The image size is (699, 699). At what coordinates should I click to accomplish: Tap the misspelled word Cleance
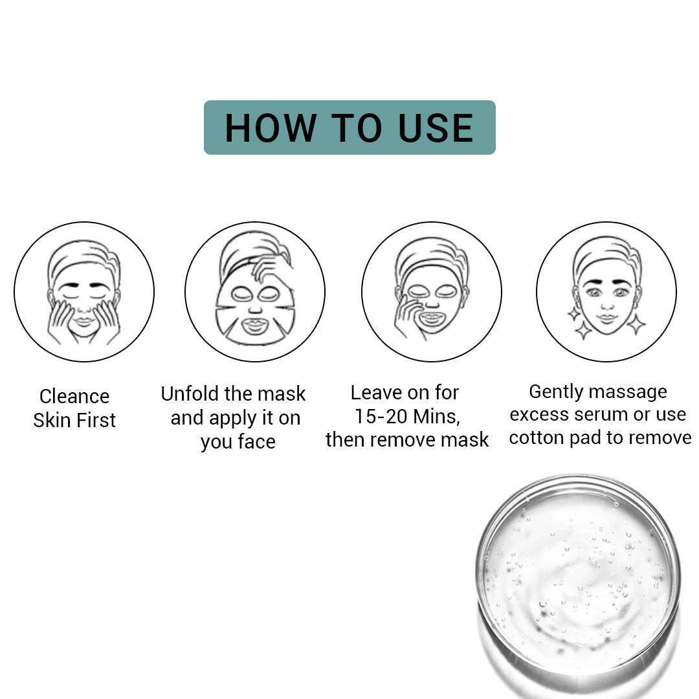(x=74, y=396)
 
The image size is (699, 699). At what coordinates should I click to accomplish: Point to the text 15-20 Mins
(x=407, y=416)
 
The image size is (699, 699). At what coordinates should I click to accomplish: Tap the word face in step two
(x=256, y=442)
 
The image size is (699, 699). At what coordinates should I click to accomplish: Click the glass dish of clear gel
(x=578, y=573)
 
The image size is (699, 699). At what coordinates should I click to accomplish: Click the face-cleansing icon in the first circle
(x=84, y=292)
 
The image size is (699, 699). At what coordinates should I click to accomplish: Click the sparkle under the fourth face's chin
(x=583, y=331)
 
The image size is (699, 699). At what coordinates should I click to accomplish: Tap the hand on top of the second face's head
(x=271, y=266)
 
